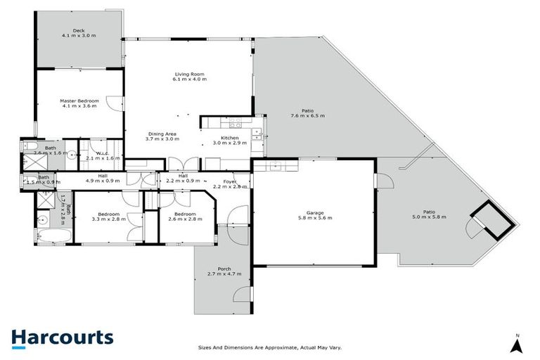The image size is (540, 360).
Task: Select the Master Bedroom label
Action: point(79,101)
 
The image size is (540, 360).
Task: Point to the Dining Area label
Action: point(161,134)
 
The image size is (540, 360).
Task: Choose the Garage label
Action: point(314,212)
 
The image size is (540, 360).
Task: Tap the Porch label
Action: point(224,268)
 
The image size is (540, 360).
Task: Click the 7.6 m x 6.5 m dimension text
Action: point(307,115)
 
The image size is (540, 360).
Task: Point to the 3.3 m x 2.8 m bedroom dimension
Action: point(108,219)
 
